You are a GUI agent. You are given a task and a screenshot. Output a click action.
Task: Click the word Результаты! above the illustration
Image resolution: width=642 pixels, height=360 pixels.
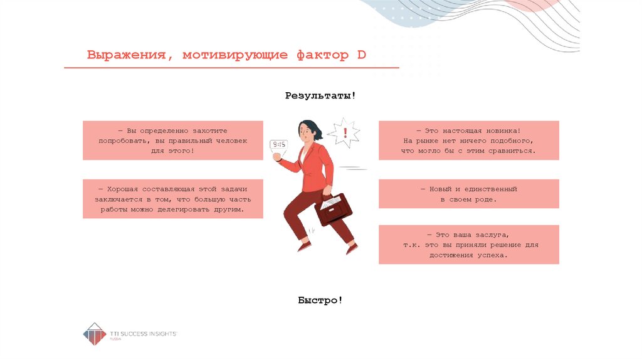(320, 96)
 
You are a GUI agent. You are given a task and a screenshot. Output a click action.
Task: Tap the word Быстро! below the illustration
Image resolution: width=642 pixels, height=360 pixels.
(320, 300)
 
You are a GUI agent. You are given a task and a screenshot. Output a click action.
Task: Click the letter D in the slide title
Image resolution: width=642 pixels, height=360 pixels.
(361, 55)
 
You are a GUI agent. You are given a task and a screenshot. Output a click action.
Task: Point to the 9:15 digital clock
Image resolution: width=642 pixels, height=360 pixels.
(279, 145)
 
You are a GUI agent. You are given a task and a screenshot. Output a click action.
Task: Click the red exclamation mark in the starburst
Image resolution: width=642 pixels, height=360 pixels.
(345, 133)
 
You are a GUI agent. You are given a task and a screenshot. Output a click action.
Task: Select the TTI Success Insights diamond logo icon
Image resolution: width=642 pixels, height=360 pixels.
(95, 334)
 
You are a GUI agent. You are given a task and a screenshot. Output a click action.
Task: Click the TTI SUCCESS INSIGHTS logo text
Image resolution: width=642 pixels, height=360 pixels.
(144, 334)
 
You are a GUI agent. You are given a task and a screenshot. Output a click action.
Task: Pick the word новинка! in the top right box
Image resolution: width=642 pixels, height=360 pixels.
(503, 131)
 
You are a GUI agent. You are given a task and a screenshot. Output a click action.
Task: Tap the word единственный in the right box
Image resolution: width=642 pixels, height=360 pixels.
(490, 189)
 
